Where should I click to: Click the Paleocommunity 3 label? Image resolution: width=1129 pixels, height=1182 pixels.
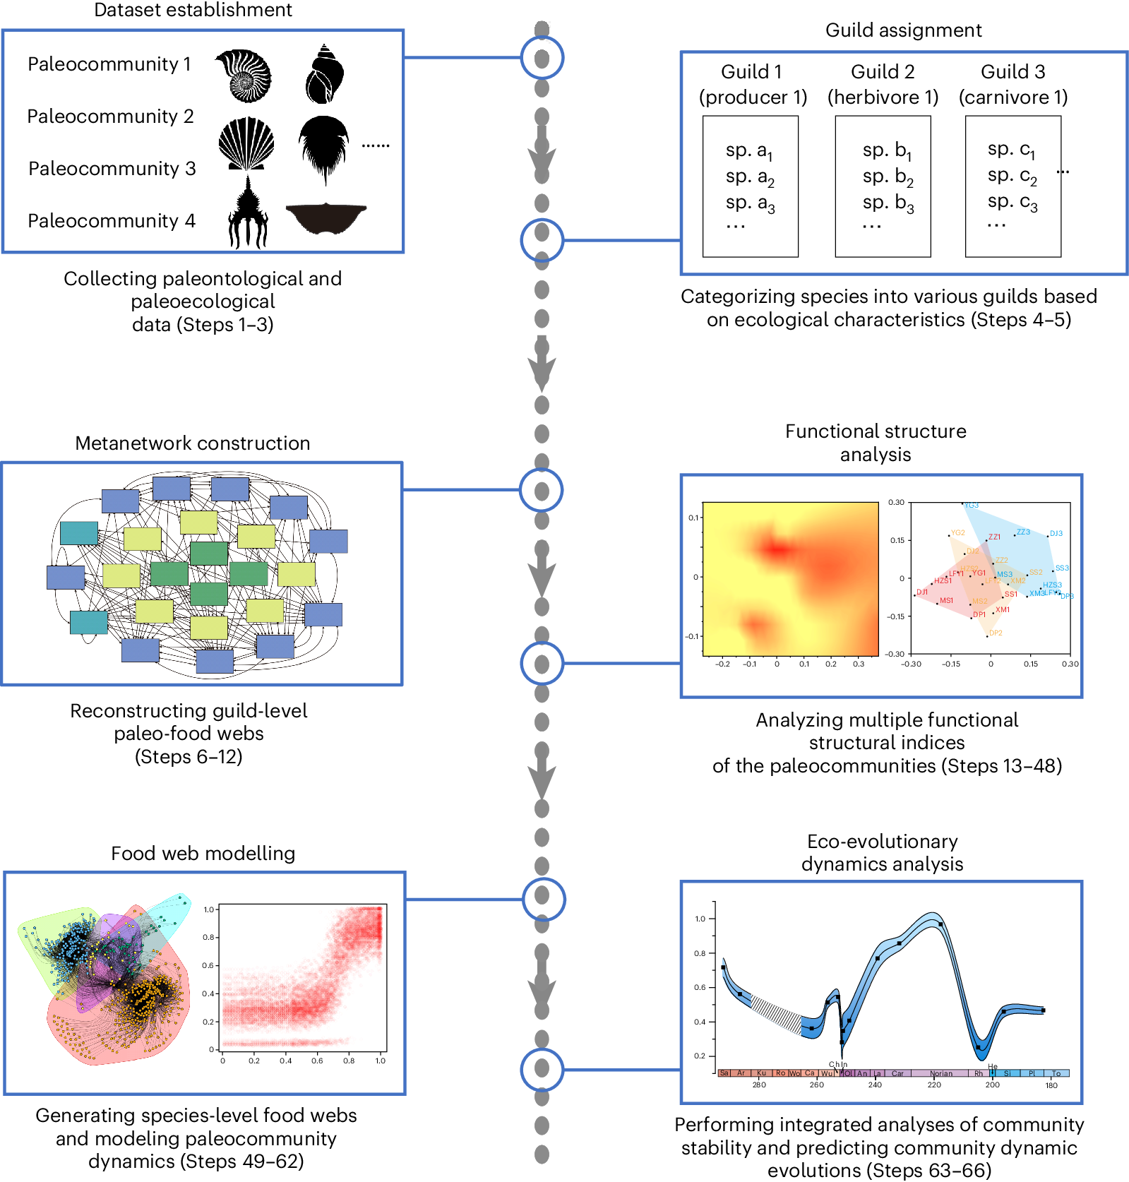[x=112, y=169]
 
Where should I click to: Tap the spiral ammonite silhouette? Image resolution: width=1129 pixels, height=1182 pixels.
[x=244, y=76]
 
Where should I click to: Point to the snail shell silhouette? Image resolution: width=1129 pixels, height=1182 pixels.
[x=325, y=74]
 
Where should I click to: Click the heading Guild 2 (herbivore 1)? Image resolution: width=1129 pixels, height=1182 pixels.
[x=883, y=84]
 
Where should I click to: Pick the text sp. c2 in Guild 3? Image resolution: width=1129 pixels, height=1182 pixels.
[x=1012, y=176]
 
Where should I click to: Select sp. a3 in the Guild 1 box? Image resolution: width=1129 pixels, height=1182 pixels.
[x=750, y=203]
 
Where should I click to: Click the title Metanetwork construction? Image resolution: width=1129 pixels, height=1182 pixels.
[x=193, y=443]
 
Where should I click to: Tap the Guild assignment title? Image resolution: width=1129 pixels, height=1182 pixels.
[x=903, y=30]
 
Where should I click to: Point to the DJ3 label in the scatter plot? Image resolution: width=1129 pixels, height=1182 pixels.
[x=1056, y=534]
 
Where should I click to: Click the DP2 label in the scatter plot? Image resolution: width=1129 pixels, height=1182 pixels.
[x=996, y=633]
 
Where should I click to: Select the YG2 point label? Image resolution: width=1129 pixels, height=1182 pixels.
[x=957, y=533]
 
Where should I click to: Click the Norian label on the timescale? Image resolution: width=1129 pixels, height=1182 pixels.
[x=941, y=1074]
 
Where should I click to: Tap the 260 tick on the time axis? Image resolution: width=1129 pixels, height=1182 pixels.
[x=816, y=1085]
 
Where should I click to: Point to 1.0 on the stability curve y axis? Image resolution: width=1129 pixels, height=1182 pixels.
[x=700, y=919]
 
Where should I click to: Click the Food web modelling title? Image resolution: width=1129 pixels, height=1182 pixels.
[x=203, y=854]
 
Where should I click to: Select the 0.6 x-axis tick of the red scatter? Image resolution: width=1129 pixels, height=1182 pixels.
[x=317, y=1061]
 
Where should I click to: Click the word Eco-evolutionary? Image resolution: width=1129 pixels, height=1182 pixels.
[x=882, y=842]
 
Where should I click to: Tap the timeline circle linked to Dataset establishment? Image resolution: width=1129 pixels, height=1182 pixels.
[x=542, y=58]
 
